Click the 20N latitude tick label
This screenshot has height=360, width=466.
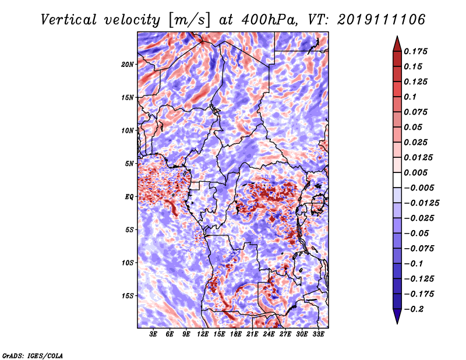pos(128,65)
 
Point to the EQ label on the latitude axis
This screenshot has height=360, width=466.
pos(129,197)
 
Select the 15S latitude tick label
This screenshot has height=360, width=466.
pos(128,296)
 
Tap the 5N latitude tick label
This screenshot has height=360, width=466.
pos(129,164)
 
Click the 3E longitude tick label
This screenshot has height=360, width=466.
pos(153,334)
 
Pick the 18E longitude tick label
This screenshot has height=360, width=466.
pos(236,334)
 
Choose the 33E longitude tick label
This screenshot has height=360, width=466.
pos(318,334)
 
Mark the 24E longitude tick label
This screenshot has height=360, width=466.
pos(269,334)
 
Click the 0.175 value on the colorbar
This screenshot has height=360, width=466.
pos(415,51)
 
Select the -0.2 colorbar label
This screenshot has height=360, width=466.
pos(414,309)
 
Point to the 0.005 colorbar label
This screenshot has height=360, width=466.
pos(415,172)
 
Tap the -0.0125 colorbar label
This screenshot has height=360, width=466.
pos(421,203)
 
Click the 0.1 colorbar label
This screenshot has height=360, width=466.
pos(410,97)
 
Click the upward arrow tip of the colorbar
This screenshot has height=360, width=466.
pos(397,36)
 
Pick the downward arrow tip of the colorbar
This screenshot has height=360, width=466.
pos(397,323)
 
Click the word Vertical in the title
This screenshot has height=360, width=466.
pos(68,20)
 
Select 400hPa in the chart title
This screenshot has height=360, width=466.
pos(269,20)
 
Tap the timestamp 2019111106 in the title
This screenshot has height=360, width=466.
pos(382,20)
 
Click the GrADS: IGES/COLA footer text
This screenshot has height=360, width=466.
pos(33,355)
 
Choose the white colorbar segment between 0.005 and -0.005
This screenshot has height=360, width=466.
pos(397,180)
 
